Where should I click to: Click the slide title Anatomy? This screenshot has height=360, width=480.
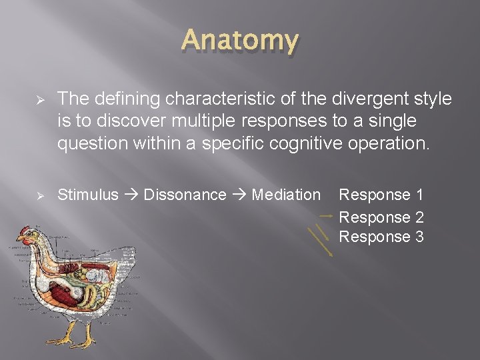point(240,41)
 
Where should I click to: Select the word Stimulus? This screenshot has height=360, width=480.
point(88,195)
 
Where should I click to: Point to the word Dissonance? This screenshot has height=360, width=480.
point(185,195)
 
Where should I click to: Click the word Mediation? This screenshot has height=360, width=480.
point(286,195)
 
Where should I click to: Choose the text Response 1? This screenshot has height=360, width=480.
point(381,195)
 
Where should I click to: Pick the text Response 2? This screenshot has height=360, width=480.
point(381,217)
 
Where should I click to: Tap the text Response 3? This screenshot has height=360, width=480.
point(381,237)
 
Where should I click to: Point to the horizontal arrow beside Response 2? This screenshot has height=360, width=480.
point(325,216)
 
